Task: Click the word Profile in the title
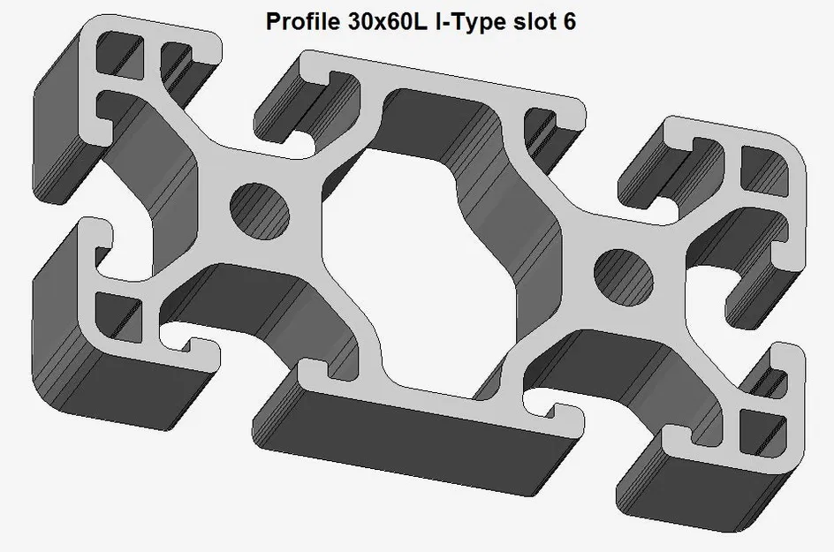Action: (x=303, y=22)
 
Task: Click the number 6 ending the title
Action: (x=569, y=22)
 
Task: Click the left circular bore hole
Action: (x=260, y=211)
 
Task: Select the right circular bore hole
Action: (x=624, y=277)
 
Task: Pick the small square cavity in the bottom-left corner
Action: (x=118, y=316)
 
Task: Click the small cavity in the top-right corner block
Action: (x=764, y=170)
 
